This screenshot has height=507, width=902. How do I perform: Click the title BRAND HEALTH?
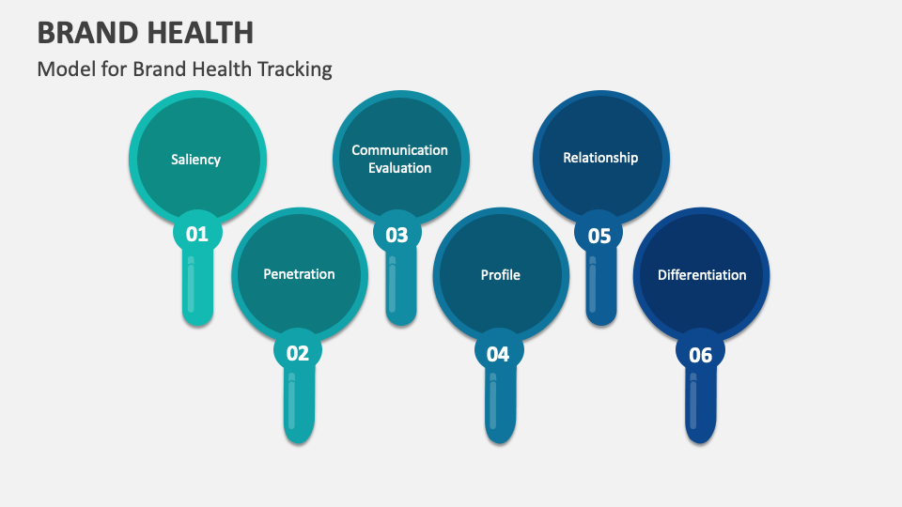click(x=146, y=33)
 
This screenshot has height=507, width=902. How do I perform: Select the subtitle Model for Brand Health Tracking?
click(x=185, y=69)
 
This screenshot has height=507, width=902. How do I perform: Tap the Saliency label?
click(x=196, y=160)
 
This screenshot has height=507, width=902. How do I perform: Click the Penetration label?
click(x=299, y=274)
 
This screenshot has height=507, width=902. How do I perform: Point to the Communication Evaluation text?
click(x=400, y=159)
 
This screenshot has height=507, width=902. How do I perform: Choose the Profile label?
click(x=500, y=275)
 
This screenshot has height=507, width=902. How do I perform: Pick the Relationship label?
click(x=600, y=158)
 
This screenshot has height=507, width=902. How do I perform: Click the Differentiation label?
click(x=702, y=275)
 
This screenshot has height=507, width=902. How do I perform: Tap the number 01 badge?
click(x=197, y=234)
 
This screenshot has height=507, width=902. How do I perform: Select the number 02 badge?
click(x=298, y=353)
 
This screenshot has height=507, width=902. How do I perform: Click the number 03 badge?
click(x=397, y=235)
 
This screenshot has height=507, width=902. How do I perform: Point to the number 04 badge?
click(x=498, y=354)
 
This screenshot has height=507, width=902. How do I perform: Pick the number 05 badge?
click(x=599, y=236)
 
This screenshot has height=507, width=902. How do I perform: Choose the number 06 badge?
click(x=701, y=355)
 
